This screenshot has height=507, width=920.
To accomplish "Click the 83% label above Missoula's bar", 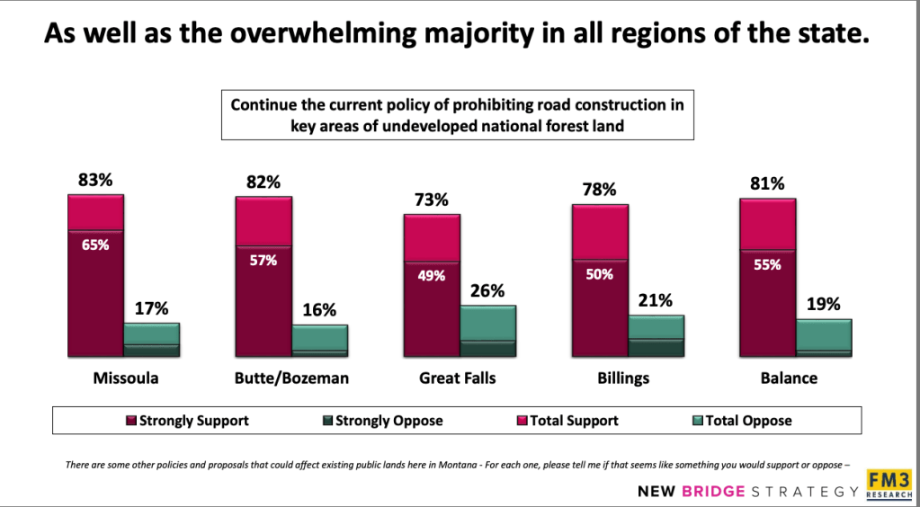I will coord(94,180).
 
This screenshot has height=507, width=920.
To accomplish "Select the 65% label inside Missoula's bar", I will coord(94,244).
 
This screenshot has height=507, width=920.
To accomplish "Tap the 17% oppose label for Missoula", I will coord(151,308).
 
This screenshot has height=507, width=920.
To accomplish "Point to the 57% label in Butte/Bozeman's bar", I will coord(263,260).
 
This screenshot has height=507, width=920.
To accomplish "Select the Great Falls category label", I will coord(457,378).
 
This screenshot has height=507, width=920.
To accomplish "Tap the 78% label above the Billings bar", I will coord(599,190).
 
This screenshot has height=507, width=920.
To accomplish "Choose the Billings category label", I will coord(622,378).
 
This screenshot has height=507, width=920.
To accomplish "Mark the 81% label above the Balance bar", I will coord(767,183).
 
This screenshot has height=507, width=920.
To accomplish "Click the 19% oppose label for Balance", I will coord(823,304).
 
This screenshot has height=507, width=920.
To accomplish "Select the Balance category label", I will coord(789,378).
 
